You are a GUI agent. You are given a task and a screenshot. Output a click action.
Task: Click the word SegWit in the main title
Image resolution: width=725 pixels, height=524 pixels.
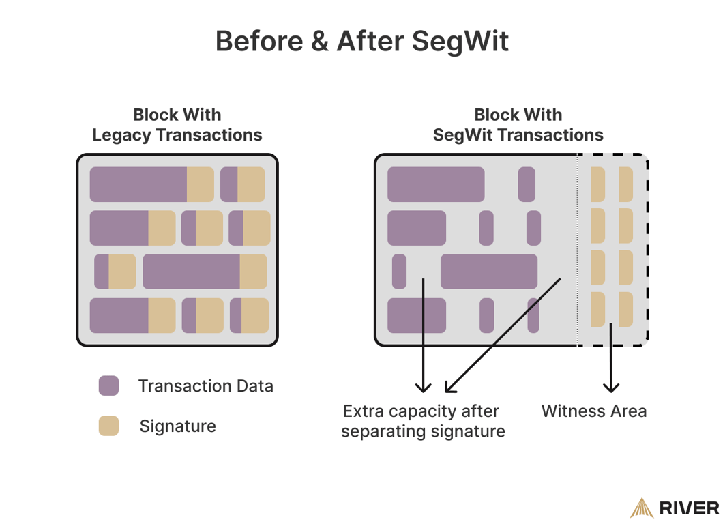tap(460, 41)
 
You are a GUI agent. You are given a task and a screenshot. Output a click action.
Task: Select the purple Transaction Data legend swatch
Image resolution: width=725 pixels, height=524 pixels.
tap(108, 385)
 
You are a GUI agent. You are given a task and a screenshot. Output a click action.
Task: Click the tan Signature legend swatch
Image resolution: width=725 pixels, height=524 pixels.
tap(108, 426)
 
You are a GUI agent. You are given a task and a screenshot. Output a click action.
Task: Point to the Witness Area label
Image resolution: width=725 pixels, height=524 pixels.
tap(593, 411)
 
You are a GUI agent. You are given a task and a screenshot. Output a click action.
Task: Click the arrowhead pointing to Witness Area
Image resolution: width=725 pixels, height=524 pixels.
tap(611, 387)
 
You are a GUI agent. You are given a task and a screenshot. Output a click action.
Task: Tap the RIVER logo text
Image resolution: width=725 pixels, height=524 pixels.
tap(690, 508)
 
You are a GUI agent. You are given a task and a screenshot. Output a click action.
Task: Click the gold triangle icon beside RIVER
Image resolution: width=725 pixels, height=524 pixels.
tap(641, 508)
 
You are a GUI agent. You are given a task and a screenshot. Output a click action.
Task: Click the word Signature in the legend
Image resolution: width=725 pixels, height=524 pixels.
tap(177, 426)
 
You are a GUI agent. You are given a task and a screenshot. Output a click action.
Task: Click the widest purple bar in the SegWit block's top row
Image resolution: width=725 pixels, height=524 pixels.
tap(436, 184)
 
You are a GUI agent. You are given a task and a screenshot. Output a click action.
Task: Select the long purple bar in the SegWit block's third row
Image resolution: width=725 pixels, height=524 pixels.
tap(488, 272)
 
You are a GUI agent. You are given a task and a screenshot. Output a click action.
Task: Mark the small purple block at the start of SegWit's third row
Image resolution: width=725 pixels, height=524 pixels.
tap(399, 272)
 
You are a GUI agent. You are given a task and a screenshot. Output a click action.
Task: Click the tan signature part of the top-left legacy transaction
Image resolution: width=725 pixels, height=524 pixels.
tap(200, 184)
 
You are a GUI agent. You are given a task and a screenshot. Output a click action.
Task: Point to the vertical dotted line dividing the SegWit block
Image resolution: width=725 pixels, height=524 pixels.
tap(578, 250)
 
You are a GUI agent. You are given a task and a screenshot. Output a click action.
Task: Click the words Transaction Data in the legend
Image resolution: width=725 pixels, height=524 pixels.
tap(205, 385)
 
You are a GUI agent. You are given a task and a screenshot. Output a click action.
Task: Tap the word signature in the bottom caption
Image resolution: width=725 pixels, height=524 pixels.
tap(467, 431)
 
